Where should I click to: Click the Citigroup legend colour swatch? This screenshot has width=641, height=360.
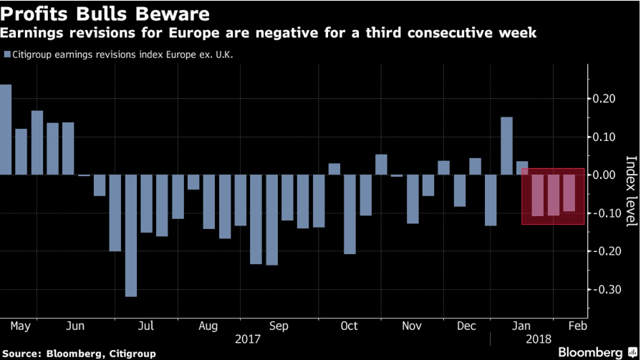click(x=7, y=54)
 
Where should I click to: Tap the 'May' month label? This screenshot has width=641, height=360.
click(x=21, y=326)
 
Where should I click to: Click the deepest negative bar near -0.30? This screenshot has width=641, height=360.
click(x=130, y=235)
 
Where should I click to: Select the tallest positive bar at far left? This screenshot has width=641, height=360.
click(x=6, y=130)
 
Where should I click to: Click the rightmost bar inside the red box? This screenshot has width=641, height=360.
click(x=569, y=193)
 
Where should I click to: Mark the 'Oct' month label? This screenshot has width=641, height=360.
click(x=349, y=326)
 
